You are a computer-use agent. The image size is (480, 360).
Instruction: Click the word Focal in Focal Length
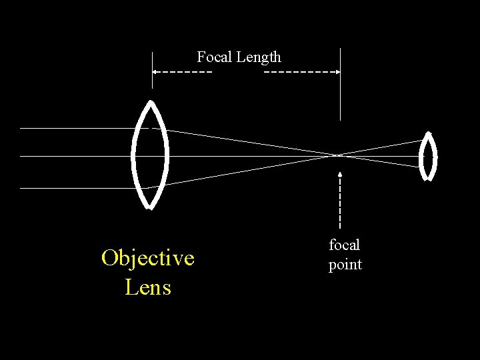coord(213,57)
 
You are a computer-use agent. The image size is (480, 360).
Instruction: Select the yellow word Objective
coord(148,258)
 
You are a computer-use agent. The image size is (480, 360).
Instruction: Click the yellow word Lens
coord(148,287)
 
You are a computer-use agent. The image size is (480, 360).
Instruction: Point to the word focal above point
coord(345,245)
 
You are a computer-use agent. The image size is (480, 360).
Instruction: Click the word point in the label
coord(345,265)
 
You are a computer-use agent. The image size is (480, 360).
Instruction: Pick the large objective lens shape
coord(151,155)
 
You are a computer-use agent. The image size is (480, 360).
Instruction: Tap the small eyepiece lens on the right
coord(427,157)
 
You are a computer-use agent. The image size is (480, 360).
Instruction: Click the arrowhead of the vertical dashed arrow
coord(340,175)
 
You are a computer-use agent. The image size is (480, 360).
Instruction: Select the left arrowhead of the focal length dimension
coord(155,71)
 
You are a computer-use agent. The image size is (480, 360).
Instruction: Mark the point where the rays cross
coord(339,155)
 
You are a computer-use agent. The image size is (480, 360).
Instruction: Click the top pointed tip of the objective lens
coord(151,102)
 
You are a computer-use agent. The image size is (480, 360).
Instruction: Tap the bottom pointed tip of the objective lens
coord(150,207)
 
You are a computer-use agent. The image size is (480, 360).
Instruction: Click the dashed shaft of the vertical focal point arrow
coord(340,203)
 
